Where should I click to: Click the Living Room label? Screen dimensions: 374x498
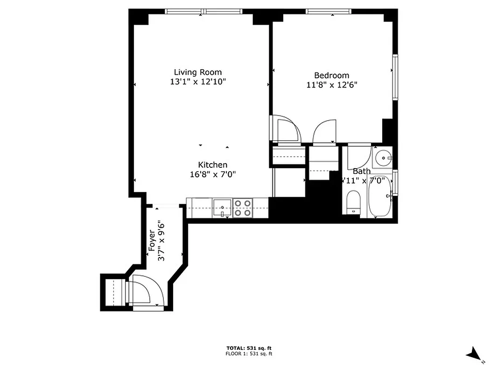(198, 72)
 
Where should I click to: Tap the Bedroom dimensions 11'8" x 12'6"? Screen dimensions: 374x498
(331, 85)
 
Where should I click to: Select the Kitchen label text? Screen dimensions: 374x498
(213, 165)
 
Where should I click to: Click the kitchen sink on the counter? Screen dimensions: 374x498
(223, 207)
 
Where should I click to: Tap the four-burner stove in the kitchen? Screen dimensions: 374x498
(243, 208)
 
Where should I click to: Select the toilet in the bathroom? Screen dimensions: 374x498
(354, 202)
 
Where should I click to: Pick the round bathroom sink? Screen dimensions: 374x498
(384, 158)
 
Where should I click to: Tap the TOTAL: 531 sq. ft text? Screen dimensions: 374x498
(249, 348)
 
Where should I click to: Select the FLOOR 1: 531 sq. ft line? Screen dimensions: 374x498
(249, 354)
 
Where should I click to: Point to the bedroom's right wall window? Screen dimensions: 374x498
(395, 77)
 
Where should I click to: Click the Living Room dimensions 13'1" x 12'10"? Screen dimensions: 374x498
(198, 81)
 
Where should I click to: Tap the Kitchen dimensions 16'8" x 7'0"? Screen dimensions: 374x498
(213, 174)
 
